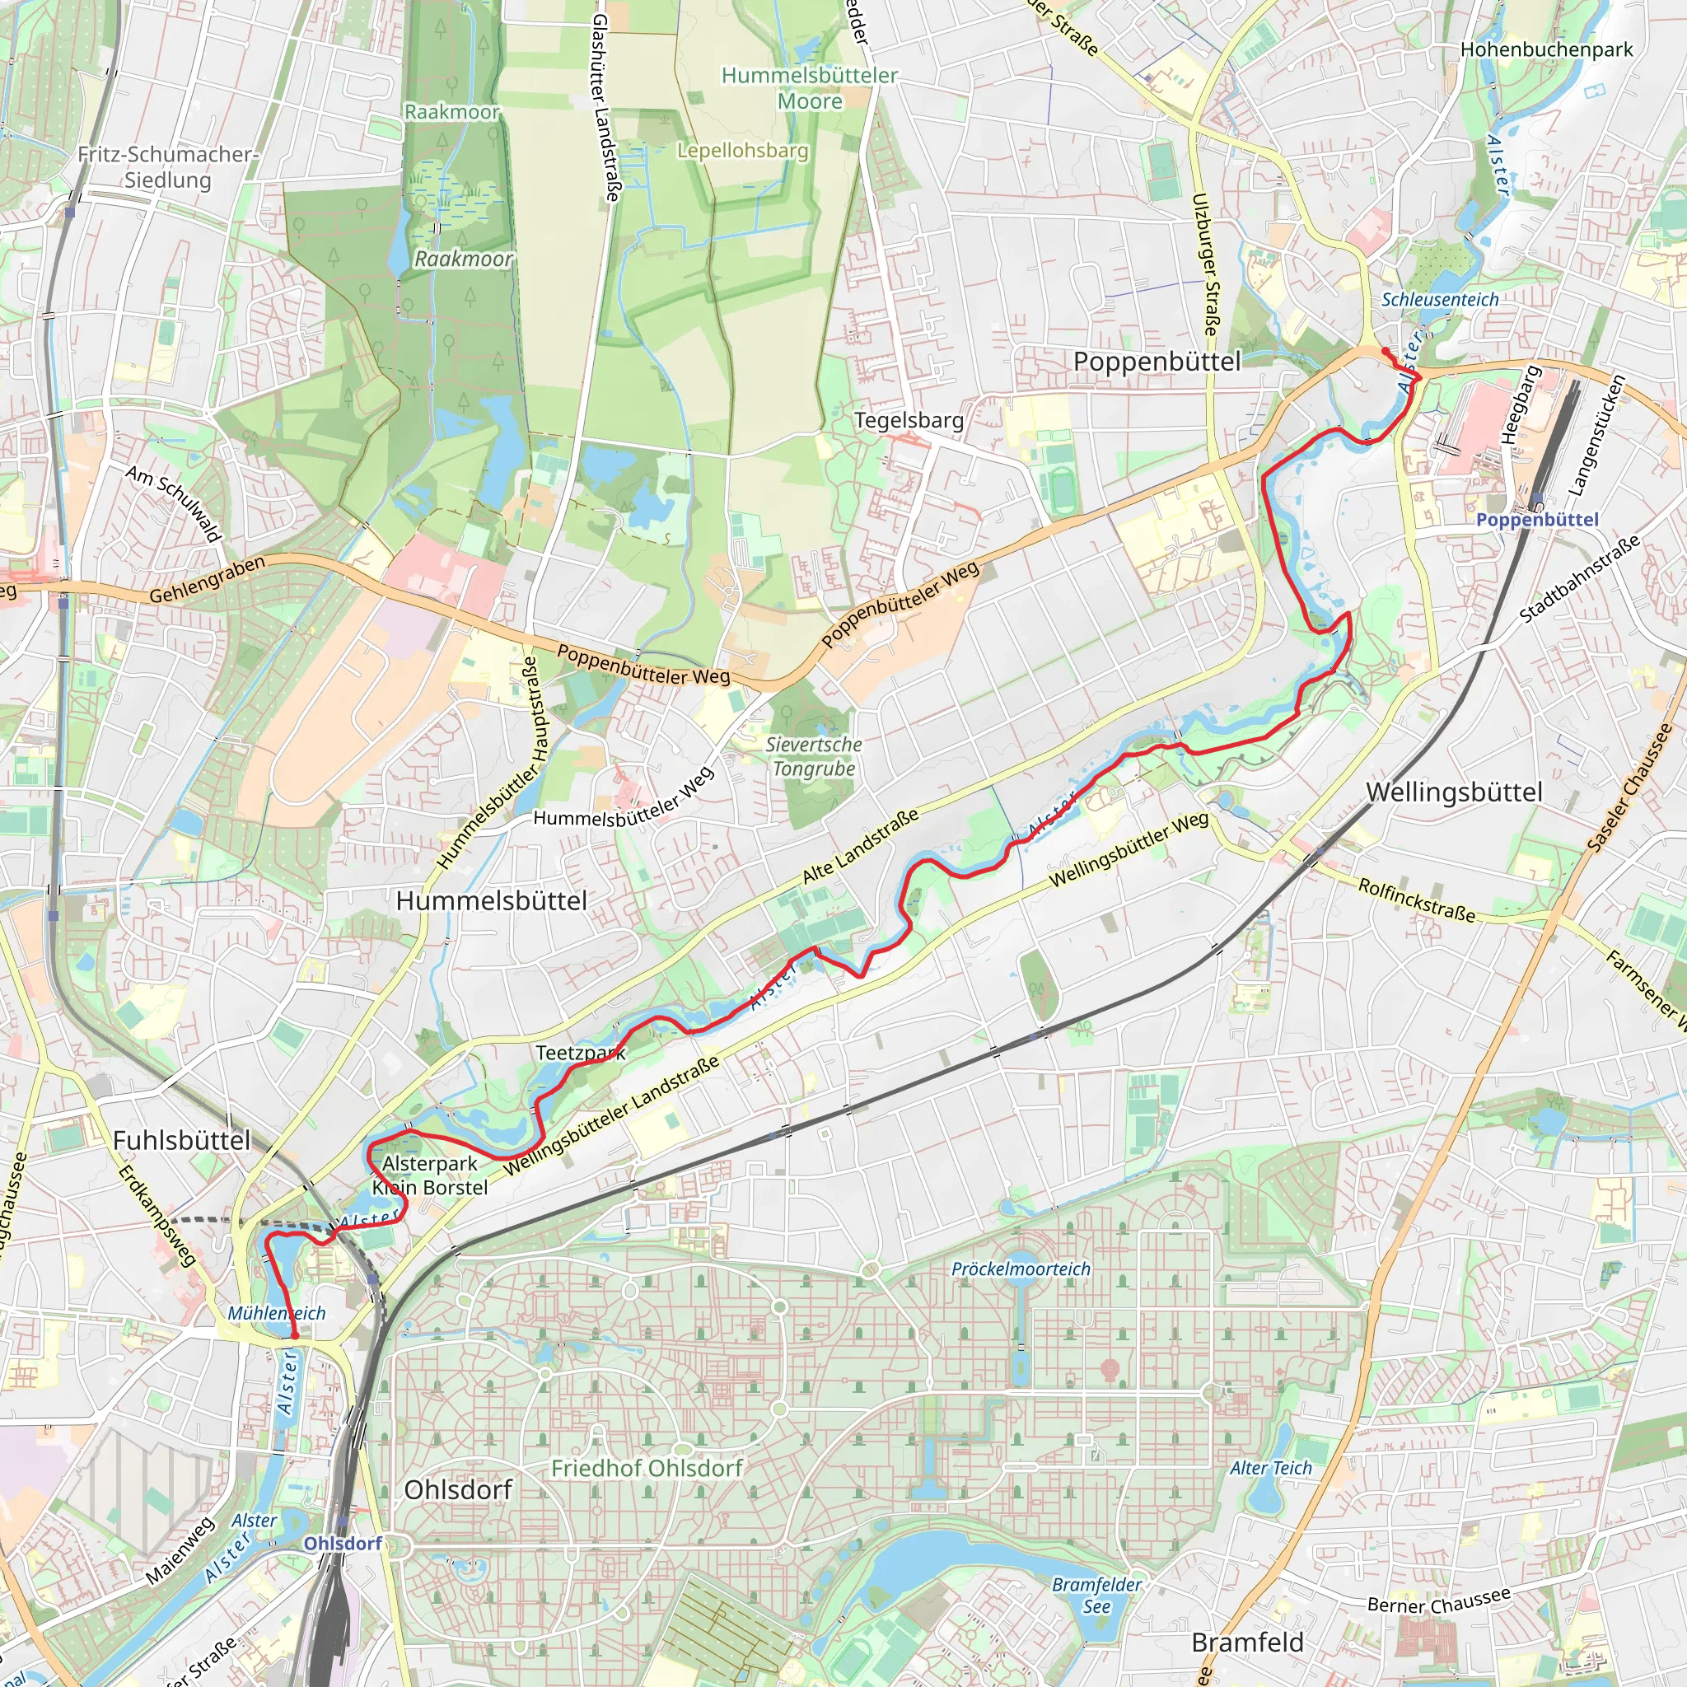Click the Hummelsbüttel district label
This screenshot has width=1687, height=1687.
pos(492,901)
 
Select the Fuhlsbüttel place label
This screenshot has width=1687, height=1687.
pos(181,1139)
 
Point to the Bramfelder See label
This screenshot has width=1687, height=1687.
pos(1096,1596)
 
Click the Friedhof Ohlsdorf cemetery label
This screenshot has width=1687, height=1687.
pos(647,1468)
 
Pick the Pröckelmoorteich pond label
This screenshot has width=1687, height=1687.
pos(1021,1269)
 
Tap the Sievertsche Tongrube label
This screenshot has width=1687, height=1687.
pos(814,756)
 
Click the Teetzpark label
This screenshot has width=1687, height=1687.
pos(581,1053)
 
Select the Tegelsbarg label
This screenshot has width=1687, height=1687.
pos(909,420)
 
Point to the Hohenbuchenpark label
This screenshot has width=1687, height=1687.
pos(1546,49)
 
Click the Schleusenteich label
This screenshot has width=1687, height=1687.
pos(1440,300)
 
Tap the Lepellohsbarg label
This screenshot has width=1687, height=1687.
pos(743,150)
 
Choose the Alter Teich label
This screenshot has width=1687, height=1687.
pos(1270,1468)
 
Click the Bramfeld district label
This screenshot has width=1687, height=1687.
pos(1247,1643)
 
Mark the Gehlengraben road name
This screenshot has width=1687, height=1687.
pos(207,580)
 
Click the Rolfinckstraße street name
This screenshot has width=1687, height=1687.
pos(1416,900)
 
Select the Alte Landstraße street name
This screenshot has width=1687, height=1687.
pos(860,845)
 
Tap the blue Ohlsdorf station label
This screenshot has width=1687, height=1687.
pos(343,1543)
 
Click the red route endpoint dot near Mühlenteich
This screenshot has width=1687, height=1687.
pos(294,1335)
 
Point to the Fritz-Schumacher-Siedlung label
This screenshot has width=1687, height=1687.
pos(168,166)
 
